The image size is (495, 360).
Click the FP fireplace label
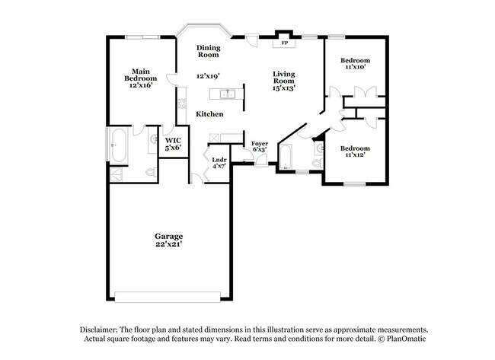285,43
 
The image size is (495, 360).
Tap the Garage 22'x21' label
168,240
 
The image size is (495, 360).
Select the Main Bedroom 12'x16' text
141,78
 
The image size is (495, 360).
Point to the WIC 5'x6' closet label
174,143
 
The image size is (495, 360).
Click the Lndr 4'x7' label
219,162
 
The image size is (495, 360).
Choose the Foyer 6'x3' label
259,146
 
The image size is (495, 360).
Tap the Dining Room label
209,51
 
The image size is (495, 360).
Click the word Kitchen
209,113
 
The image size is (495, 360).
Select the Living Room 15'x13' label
284,80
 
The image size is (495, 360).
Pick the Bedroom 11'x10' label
355,63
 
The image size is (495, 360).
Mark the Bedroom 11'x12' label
355,151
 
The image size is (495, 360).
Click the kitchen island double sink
226,94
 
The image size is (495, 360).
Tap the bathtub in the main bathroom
118,145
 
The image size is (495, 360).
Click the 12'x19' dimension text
207,76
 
